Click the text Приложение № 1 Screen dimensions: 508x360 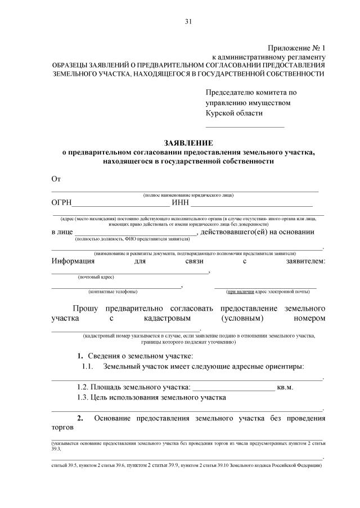(x=297, y=49)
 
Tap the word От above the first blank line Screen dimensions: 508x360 (x=56, y=178)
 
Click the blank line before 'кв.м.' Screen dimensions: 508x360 (x=233, y=388)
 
